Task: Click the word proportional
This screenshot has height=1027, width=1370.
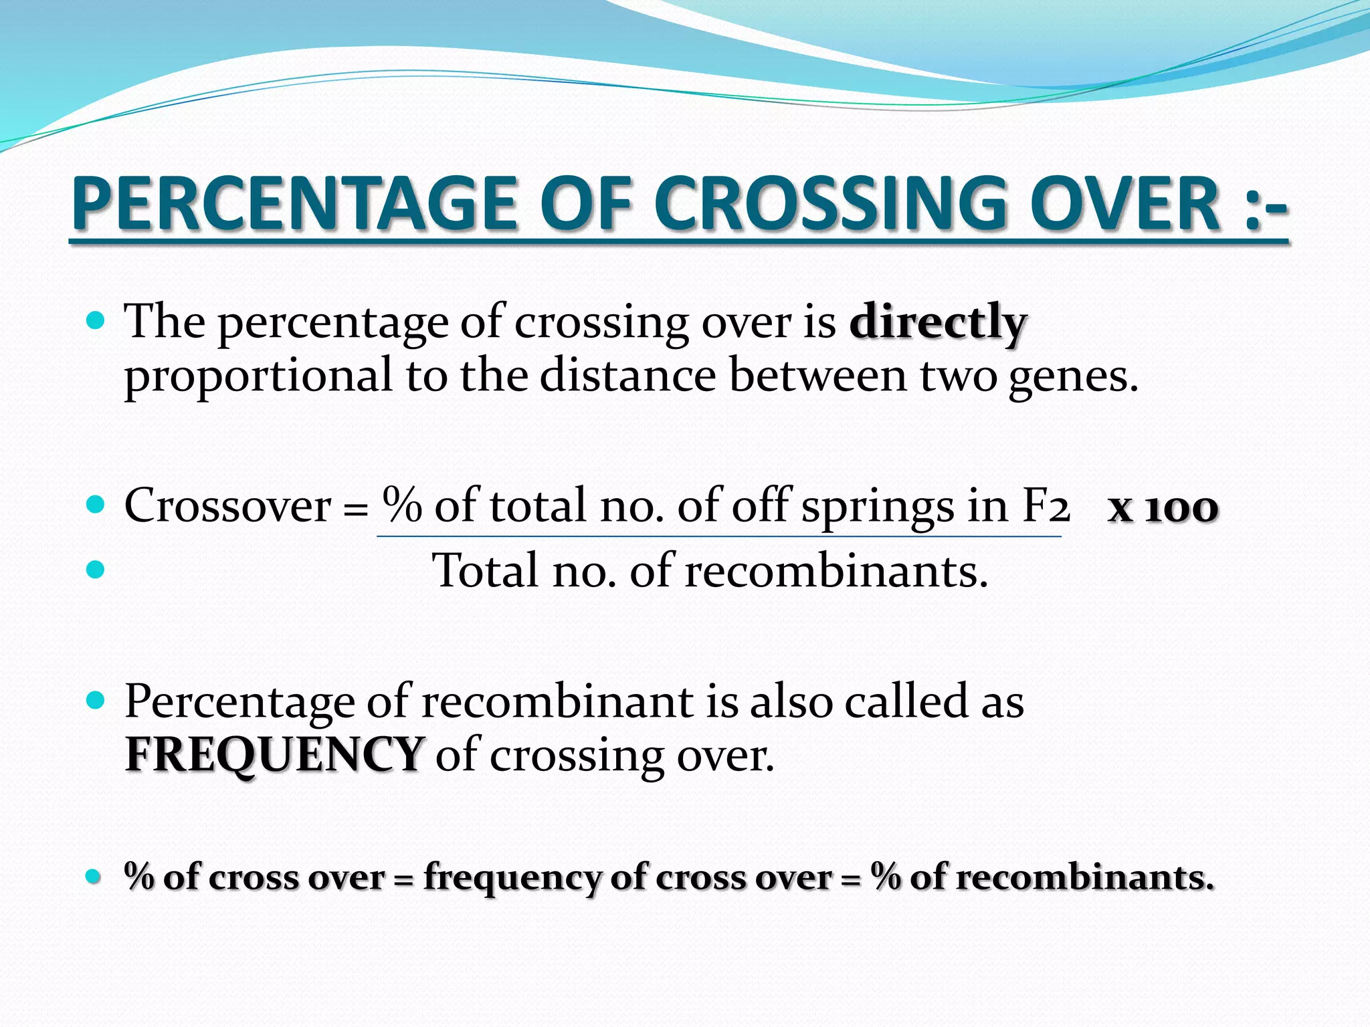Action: tap(258, 376)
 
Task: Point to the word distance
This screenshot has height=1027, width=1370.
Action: tap(628, 375)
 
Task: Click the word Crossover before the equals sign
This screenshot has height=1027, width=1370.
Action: tap(227, 506)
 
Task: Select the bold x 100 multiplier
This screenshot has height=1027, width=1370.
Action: tap(1163, 508)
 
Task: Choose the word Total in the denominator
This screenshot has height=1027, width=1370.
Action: tap(485, 571)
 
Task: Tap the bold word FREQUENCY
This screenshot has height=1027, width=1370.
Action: tap(274, 754)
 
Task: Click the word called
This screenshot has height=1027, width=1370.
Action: tap(906, 702)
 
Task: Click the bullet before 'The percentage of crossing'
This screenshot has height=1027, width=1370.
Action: tap(96, 322)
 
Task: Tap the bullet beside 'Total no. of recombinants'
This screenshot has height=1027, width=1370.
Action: tap(96, 570)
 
